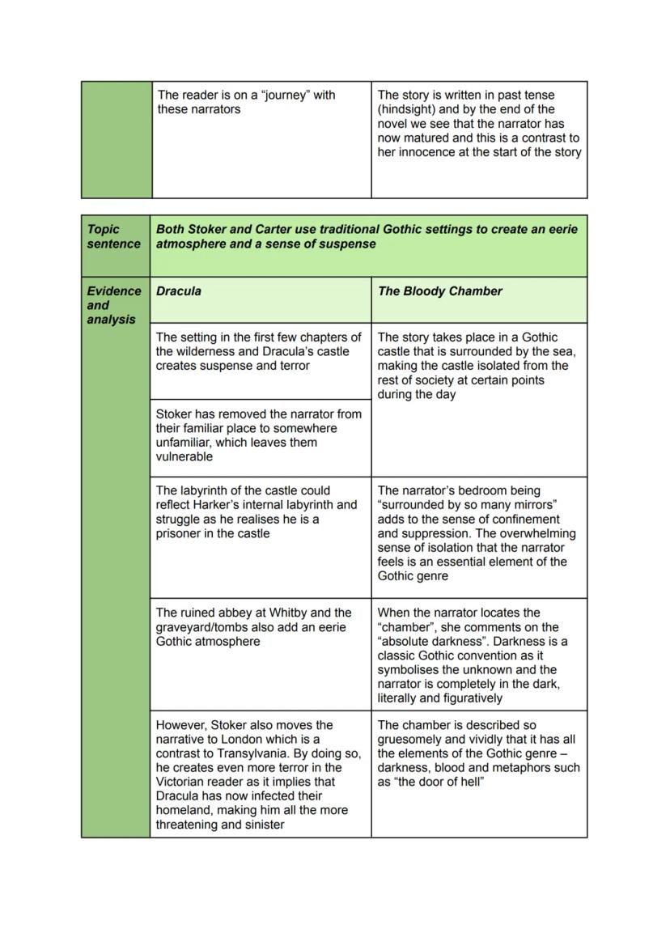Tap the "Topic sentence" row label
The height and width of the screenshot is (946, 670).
click(113, 236)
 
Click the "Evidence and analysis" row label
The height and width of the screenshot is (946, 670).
click(113, 305)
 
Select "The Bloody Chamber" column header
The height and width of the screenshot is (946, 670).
click(439, 291)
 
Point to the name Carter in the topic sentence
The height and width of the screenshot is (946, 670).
click(276, 229)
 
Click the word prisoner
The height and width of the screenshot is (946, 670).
click(184, 533)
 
